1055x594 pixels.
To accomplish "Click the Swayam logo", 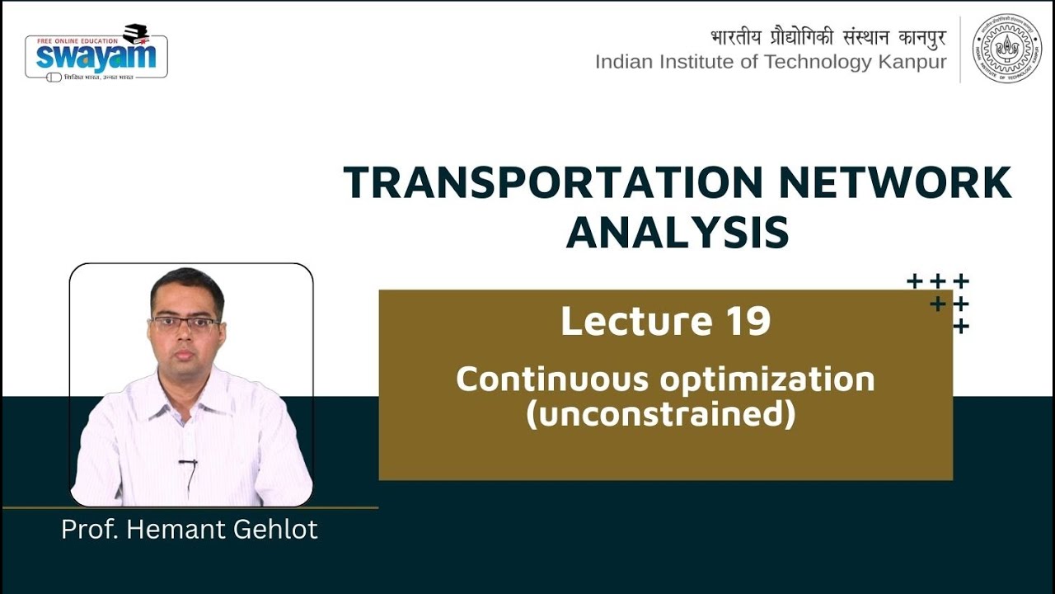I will tap(96, 54).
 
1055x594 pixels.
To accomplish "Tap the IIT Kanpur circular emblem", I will tap(1006, 49).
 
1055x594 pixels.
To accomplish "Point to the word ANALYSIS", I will tap(677, 233).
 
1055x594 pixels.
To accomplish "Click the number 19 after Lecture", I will tap(748, 322).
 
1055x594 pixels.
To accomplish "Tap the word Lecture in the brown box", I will tap(637, 322).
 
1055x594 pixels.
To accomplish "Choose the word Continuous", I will tap(551, 379).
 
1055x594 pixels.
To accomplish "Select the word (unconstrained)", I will tap(661, 414).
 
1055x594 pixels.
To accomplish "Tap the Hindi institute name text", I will tap(828, 38).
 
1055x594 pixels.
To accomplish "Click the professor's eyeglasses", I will tap(185, 323).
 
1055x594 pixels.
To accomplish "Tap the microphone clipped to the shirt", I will tap(189, 464).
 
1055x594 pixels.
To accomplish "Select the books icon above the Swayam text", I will tap(134, 34).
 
